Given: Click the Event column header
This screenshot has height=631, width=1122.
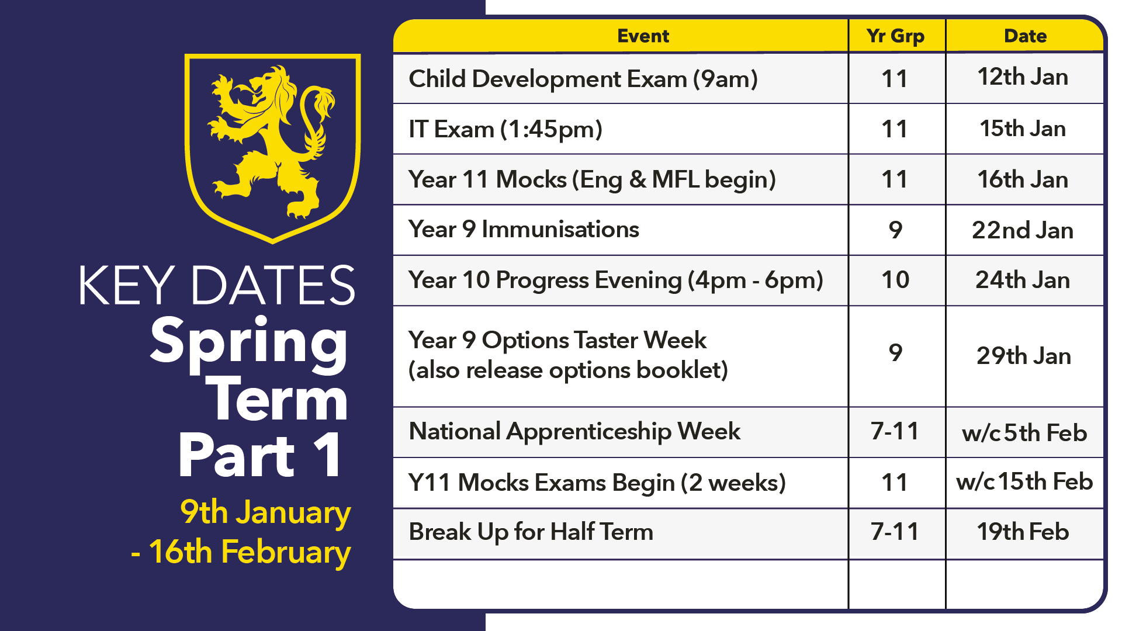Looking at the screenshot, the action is pos(643,36).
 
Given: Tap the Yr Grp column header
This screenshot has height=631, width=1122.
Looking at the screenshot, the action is pos(896,36).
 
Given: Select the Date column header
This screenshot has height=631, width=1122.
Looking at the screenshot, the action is pos(1025,36).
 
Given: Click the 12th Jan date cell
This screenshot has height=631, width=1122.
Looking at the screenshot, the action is pos(1023,77).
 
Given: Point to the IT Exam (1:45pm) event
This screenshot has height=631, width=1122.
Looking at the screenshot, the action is pos(505,129).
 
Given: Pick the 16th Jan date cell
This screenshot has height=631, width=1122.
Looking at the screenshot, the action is pos(1023,179).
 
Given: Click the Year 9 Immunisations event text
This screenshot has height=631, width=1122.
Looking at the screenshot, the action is pos(524,230).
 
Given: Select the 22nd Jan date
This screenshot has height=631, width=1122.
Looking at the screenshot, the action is pos(1023,230).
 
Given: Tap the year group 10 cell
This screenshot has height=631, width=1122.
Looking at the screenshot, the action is pos(895,280).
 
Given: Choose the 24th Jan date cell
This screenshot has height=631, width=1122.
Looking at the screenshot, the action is pos(1023,280).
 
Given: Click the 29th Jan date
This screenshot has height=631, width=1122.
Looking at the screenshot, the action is pos(1024,356).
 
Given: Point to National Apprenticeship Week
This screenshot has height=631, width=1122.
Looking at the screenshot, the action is pos(574,432).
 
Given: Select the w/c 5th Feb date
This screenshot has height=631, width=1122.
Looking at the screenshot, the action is pos(1024,433).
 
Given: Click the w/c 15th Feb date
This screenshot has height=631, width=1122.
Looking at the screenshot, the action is pos(1024,482).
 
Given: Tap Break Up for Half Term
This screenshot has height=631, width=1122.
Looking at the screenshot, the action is pos(531,532).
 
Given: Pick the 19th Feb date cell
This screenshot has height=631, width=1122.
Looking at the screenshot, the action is pos(1023,532).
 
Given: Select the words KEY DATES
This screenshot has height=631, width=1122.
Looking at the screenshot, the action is pos(217,286).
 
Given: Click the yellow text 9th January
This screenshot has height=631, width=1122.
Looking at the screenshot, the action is pos(265,513).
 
